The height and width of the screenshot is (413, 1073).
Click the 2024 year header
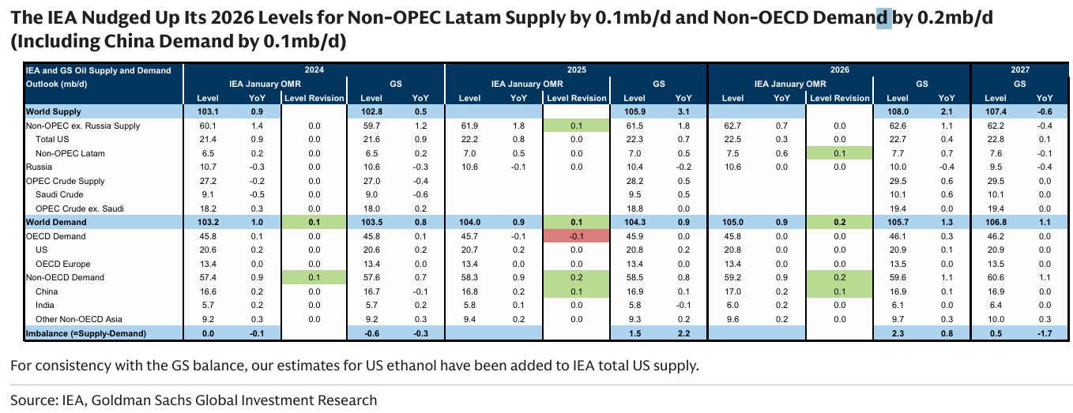click(314, 70)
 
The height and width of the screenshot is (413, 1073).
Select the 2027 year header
click(1020, 70)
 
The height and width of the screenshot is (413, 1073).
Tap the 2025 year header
click(577, 70)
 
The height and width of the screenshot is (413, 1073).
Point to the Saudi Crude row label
click(58, 195)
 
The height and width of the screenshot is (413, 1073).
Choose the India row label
click(46, 306)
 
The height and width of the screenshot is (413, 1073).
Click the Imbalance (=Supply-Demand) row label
click(86, 333)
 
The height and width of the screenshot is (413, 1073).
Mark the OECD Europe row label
click(64, 264)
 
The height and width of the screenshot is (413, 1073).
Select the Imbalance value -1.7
click(1044, 333)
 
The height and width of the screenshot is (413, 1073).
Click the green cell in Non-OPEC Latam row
click(838, 153)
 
